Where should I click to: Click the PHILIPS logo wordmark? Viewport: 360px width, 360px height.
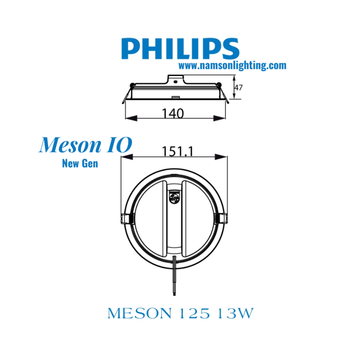(x=180, y=49)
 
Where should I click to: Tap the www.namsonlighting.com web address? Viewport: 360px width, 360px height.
(x=232, y=66)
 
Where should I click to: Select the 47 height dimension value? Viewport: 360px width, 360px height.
(x=238, y=88)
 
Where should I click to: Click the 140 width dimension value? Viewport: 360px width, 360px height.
(x=172, y=113)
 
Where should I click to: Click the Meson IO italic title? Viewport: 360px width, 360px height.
(x=85, y=145)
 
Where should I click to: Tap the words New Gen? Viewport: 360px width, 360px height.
(x=80, y=164)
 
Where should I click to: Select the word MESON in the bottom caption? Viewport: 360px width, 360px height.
(x=139, y=313)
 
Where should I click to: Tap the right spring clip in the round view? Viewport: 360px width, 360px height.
(x=222, y=218)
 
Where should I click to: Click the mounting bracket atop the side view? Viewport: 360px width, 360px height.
(x=175, y=79)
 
